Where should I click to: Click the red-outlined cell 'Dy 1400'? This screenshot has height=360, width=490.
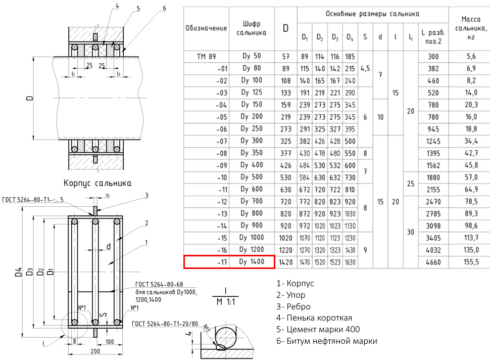click(252, 262)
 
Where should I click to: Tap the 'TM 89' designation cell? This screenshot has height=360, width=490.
click(206, 57)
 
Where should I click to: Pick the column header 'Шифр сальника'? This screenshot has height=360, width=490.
click(252, 28)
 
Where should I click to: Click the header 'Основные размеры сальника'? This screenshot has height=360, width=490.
click(372, 14)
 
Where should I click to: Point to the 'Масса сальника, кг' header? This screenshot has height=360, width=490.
click(471, 28)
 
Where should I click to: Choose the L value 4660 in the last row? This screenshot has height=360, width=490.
click(433, 262)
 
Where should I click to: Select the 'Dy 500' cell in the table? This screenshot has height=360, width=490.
click(252, 177)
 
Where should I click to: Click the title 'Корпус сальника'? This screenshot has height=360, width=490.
click(97, 183)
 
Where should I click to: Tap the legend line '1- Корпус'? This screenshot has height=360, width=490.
click(295, 284)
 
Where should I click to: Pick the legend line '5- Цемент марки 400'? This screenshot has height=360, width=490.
click(318, 329)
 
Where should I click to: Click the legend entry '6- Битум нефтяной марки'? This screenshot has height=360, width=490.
click(326, 341)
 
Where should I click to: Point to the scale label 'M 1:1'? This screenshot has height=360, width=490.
click(226, 302)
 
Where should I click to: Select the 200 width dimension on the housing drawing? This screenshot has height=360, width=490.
click(95, 351)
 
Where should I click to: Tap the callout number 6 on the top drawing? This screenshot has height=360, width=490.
click(164, 8)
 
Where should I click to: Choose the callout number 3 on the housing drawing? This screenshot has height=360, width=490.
click(146, 196)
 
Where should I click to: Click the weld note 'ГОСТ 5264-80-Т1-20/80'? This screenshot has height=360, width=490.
click(165, 324)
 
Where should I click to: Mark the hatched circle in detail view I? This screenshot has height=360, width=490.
click(227, 337)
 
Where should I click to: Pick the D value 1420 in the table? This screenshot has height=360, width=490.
click(285, 262)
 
